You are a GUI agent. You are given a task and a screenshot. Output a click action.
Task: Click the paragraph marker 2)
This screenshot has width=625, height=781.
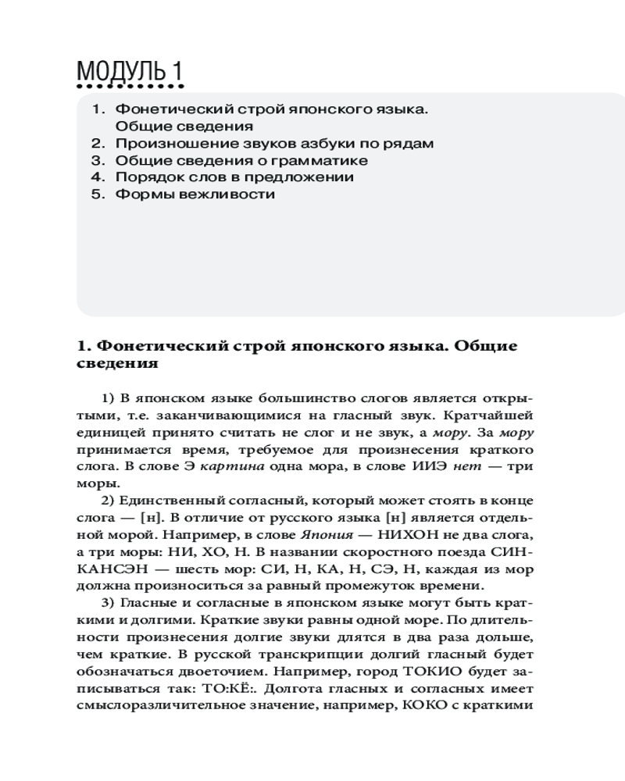(x=109, y=500)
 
